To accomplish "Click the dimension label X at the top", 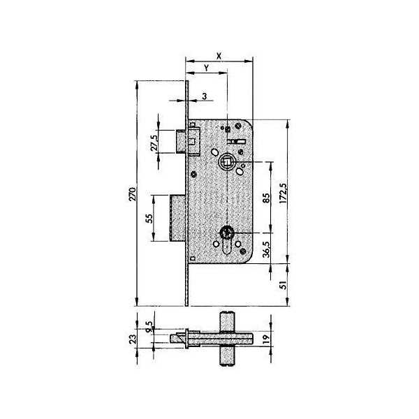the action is [x=219, y=56].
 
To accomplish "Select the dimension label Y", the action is [x=206, y=68].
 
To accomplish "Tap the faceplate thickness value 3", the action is [x=205, y=96].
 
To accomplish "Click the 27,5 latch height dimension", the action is [x=154, y=142].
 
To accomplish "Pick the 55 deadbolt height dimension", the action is [x=149, y=219].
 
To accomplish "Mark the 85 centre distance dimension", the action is [x=266, y=198].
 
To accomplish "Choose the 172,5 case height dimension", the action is [x=283, y=193].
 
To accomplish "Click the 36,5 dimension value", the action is [x=266, y=249].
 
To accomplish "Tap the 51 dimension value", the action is [x=284, y=285].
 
